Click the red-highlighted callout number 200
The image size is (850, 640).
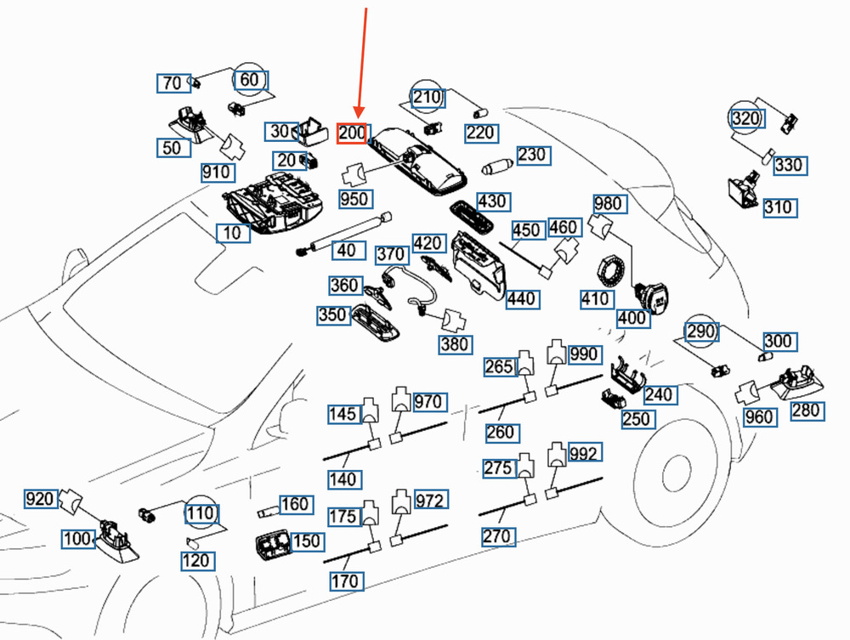pos(352,133)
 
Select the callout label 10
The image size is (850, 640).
pos(232,233)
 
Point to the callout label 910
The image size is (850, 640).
pos(216,173)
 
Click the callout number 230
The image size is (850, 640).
pos(532,156)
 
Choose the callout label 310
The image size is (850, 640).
pos(778,207)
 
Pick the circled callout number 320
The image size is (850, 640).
pos(745,119)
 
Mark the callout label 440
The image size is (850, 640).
pos(520,299)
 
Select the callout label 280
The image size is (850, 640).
pos(806,411)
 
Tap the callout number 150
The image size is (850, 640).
pos(306,541)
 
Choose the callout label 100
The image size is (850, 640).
pos(79,538)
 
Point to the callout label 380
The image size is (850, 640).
pos(455,344)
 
